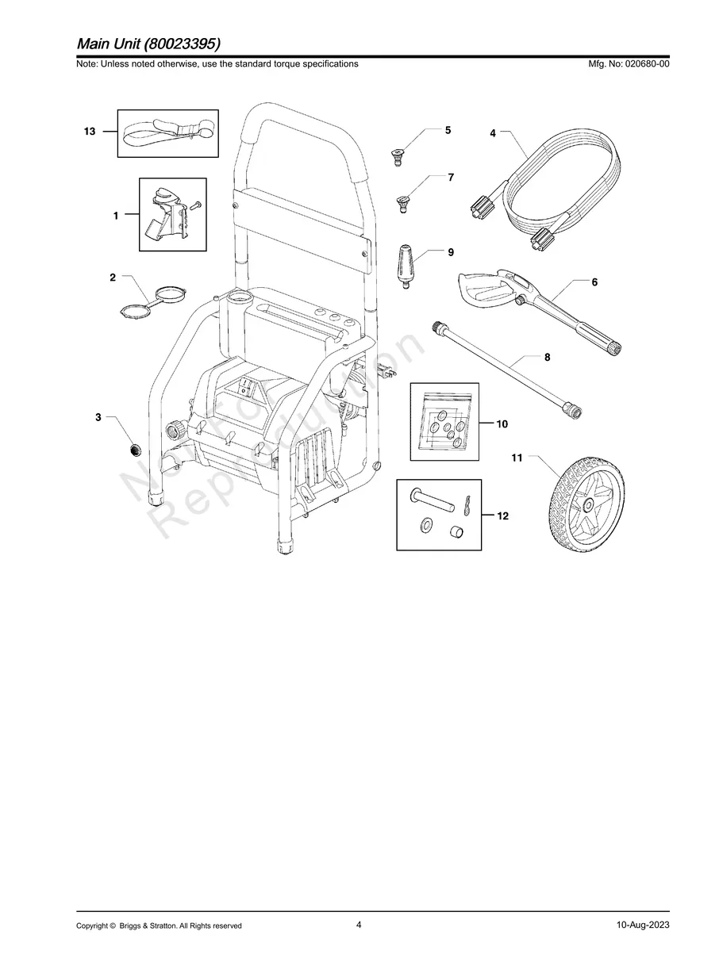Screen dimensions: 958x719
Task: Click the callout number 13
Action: pyautogui.click(x=90, y=132)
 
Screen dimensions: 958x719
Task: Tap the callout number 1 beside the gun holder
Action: pyautogui.click(x=116, y=215)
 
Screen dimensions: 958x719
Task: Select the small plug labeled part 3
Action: pyautogui.click(x=135, y=450)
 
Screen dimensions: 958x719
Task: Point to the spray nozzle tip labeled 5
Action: pyautogui.click(x=398, y=152)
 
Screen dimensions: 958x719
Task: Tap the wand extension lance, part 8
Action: pyautogui.click(x=508, y=369)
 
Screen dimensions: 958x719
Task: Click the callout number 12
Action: pyautogui.click(x=502, y=516)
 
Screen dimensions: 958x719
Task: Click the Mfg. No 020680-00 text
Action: pyautogui.click(x=626, y=64)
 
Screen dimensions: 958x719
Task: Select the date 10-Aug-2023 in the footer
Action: pyautogui.click(x=643, y=925)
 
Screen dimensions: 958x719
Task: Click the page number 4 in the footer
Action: pyautogui.click(x=359, y=925)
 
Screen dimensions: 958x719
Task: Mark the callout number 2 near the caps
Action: pyautogui.click(x=113, y=278)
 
